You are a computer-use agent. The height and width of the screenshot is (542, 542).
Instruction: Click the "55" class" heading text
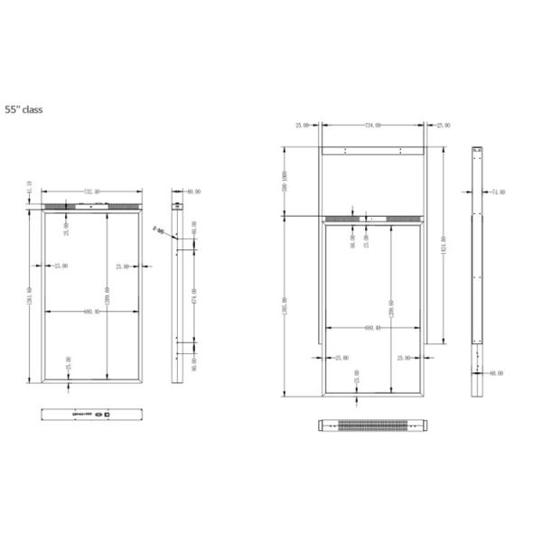[23, 108]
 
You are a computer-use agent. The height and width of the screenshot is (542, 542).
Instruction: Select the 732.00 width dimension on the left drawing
[91, 192]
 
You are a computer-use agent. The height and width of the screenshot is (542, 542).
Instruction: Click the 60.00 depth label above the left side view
[193, 192]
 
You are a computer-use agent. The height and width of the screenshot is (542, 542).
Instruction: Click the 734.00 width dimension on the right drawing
[372, 126]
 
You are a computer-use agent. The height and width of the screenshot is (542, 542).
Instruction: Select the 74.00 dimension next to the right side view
[497, 192]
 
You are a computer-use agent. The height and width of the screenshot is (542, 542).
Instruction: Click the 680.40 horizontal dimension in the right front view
[371, 328]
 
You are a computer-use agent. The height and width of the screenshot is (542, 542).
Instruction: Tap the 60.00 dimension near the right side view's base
[496, 372]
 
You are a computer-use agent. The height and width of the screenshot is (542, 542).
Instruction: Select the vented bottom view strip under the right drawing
[372, 425]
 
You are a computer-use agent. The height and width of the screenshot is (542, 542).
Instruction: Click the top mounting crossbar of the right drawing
[372, 150]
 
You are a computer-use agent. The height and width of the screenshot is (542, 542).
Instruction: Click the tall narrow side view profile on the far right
[478, 271]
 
